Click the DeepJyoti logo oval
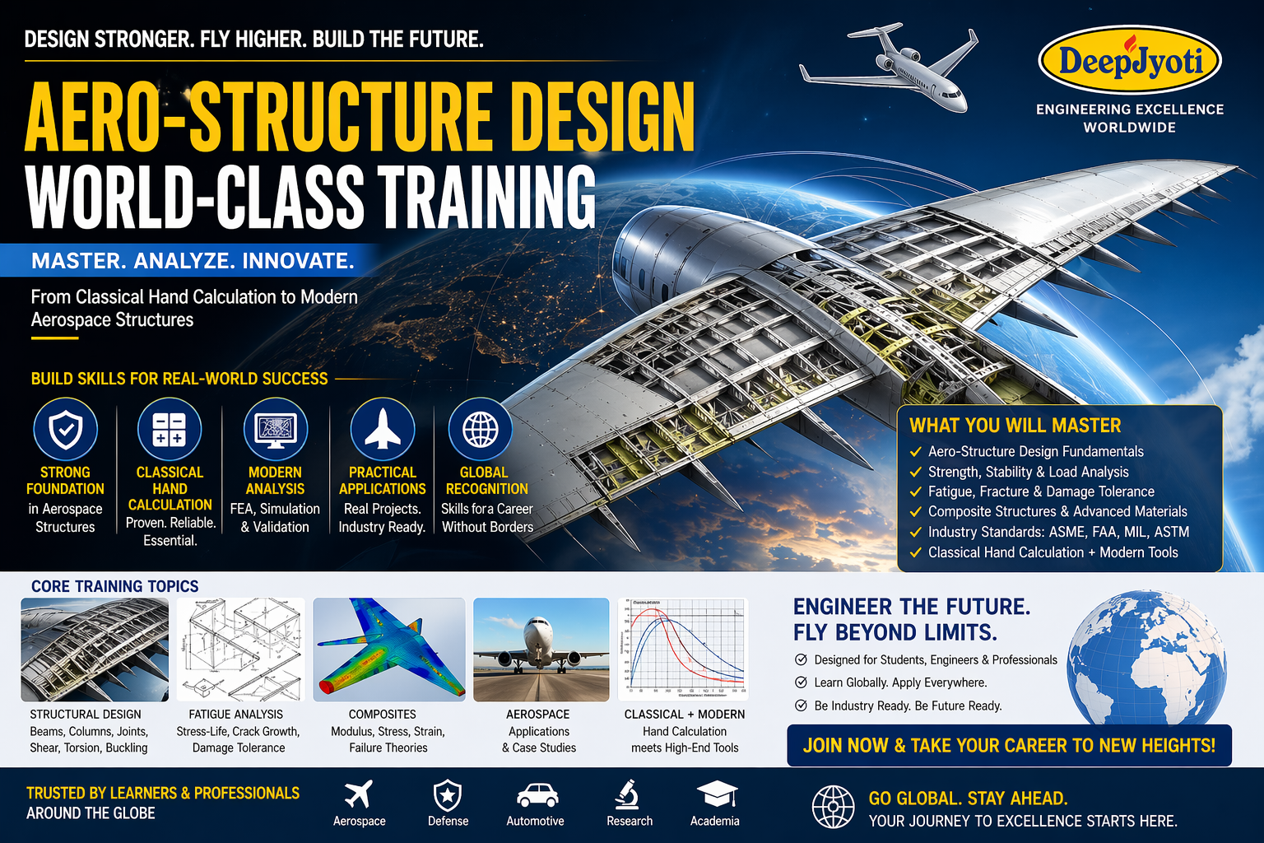[1130, 60]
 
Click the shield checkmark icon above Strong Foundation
[65, 430]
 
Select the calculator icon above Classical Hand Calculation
[170, 430]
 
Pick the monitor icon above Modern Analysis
[276, 430]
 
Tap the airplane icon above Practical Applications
[382, 430]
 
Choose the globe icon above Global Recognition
[481, 430]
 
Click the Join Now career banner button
[1009, 745]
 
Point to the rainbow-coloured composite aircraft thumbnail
[388, 650]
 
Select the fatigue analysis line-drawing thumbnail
[240, 650]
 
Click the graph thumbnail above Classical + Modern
[682, 650]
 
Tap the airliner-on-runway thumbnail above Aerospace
[541, 650]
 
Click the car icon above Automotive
[537, 795]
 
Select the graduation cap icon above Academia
[716, 795]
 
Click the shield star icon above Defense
[448, 795]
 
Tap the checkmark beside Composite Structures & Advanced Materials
[915, 512]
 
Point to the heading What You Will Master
[1015, 425]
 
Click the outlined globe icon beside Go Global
[833, 807]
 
